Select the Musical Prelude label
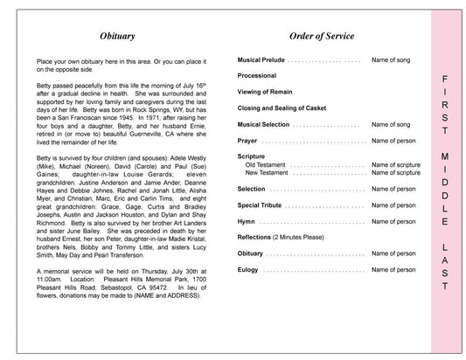click(x=261, y=60)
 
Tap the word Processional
click(x=257, y=77)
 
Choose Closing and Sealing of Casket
click(x=280, y=108)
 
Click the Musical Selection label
click(x=263, y=124)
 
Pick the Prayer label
click(x=247, y=140)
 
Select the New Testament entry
click(x=268, y=173)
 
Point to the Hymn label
click(x=247, y=221)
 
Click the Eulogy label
click(x=248, y=269)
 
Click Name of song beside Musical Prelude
click(x=393, y=60)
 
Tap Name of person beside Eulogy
click(x=393, y=269)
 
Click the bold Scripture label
click(x=252, y=156)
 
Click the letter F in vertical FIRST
click(x=445, y=76)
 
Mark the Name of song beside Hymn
click(x=393, y=221)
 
